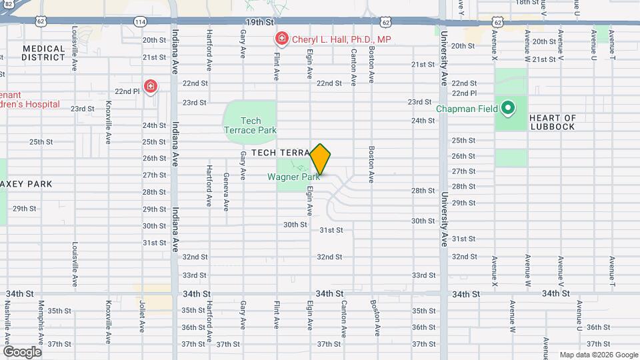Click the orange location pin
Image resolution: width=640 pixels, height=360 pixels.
(x=320, y=159)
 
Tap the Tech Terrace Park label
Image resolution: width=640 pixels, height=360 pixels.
(x=250, y=125)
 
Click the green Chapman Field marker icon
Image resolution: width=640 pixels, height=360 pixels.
(x=507, y=107)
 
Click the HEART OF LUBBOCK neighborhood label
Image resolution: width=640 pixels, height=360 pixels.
(x=552, y=123)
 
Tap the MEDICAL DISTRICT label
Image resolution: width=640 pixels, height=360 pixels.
(x=43, y=53)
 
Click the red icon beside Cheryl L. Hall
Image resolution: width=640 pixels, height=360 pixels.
(x=281, y=40)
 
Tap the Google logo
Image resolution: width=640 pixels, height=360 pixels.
(x=21, y=351)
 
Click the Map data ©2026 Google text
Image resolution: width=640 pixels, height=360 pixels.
(x=598, y=355)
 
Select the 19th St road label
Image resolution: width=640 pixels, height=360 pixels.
(x=256, y=22)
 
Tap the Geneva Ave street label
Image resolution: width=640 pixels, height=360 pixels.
(x=226, y=189)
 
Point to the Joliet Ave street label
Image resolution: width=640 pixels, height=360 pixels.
(x=143, y=317)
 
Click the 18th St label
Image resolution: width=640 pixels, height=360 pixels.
(x=527, y=3)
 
